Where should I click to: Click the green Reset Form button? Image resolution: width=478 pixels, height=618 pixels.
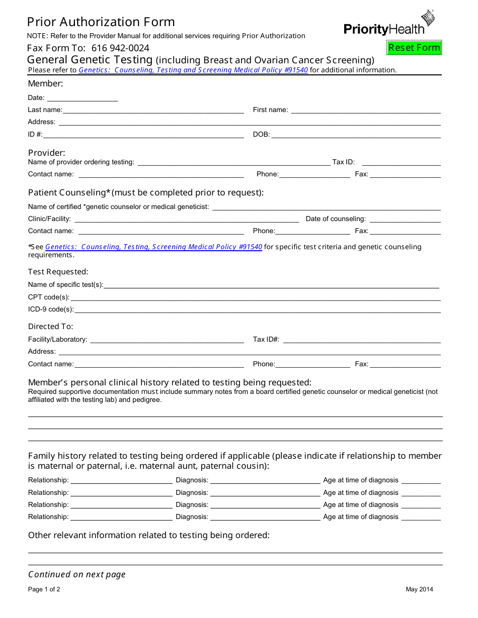[x=414, y=48]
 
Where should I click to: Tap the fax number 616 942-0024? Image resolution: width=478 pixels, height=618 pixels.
[x=120, y=48]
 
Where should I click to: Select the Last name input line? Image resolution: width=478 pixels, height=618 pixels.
[x=153, y=111]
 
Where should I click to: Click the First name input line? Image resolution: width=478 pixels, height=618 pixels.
[x=366, y=111]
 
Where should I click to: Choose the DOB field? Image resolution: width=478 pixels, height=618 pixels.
[x=356, y=135]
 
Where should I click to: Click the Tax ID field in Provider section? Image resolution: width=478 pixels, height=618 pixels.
[x=401, y=163]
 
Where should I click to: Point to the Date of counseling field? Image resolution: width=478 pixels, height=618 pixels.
[x=405, y=220]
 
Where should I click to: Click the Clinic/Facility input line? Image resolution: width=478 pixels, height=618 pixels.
[x=186, y=220]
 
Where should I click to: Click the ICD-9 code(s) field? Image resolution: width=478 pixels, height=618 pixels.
[x=257, y=310]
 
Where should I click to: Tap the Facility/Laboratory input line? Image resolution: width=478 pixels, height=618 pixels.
[x=167, y=340]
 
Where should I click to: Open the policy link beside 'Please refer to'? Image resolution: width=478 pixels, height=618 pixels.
[x=193, y=70]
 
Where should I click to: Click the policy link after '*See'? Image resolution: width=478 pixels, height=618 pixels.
[x=153, y=247]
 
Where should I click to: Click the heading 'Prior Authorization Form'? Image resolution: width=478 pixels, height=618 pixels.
[x=101, y=22]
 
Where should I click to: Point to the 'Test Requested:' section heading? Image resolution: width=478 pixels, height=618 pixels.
[x=58, y=272]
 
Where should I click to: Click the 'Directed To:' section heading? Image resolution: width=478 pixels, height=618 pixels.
[x=50, y=327]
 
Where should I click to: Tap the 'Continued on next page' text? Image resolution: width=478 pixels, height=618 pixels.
[x=77, y=574]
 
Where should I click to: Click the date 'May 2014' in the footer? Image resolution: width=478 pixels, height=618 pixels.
[x=419, y=589]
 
